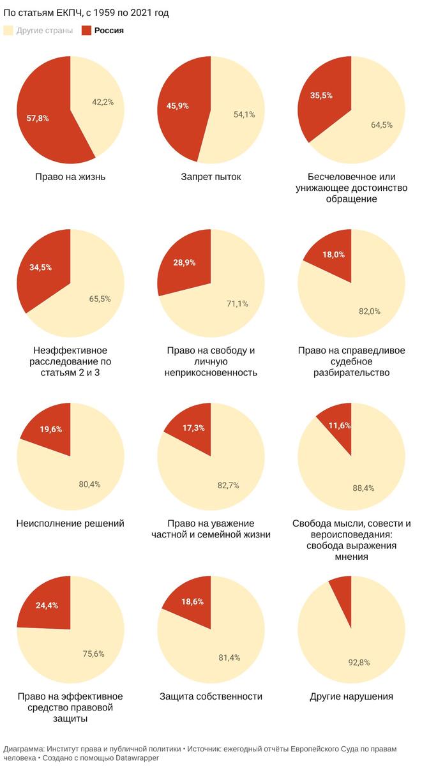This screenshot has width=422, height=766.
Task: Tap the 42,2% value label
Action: coord(103,102)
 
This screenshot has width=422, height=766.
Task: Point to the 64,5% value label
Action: coord(382,124)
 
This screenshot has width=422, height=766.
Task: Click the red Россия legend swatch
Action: coord(87,31)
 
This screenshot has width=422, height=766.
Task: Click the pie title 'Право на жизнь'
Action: coord(70,177)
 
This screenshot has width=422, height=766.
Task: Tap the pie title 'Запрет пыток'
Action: coord(211,177)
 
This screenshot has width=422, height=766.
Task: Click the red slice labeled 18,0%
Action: coord(332,259)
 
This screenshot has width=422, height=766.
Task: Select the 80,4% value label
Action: coord(89,484)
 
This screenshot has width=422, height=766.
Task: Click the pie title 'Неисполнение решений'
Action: coord(70,523)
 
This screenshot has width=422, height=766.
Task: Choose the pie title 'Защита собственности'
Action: coord(211,696)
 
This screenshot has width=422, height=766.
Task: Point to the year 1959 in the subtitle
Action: coord(104,13)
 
